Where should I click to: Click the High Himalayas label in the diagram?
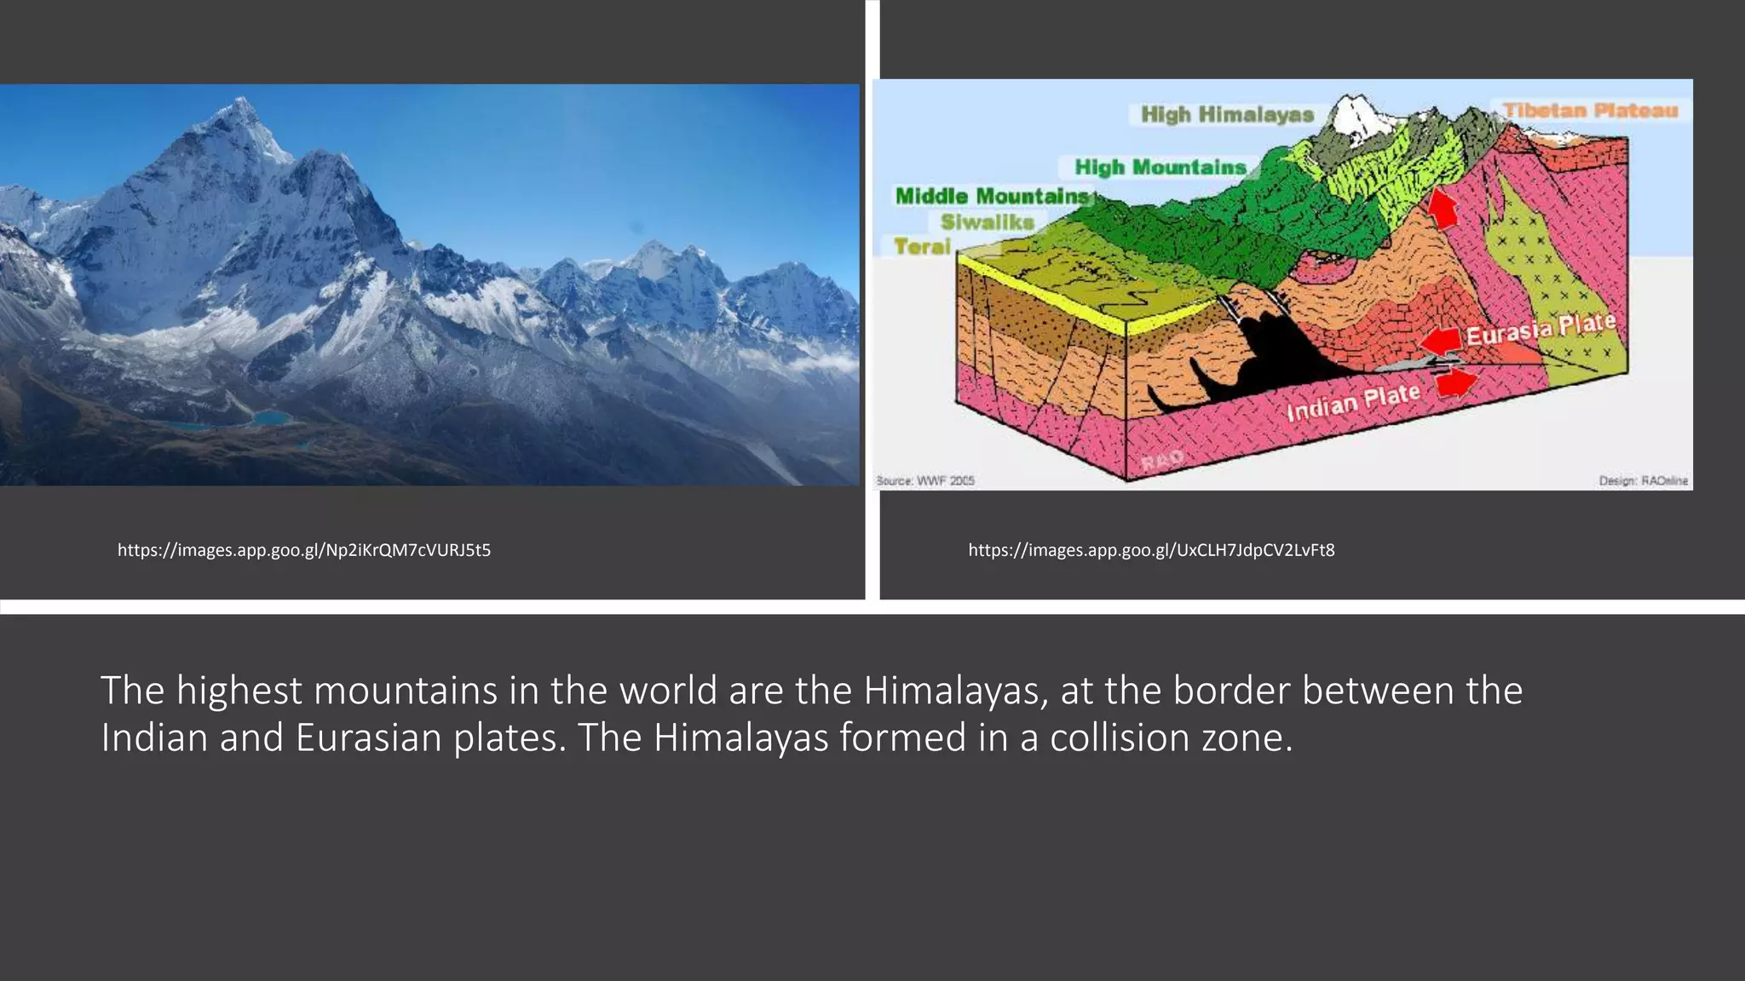point(1227,114)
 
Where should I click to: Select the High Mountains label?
point(1160,167)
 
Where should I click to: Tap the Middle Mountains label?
point(992,196)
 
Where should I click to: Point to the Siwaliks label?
point(987,222)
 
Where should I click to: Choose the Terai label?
point(922,247)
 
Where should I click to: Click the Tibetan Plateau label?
point(1590,110)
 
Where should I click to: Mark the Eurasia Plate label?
point(1541,329)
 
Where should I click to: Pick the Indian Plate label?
point(1353,403)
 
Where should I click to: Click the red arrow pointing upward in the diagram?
point(1443,208)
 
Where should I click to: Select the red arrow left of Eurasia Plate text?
point(1440,341)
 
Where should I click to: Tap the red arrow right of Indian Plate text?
point(1456,383)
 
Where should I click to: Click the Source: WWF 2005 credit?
point(925,481)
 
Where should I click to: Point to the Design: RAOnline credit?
point(1643,481)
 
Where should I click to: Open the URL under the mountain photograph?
point(304,550)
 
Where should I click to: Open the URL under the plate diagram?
point(1151,550)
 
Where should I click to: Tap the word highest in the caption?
point(239,691)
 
